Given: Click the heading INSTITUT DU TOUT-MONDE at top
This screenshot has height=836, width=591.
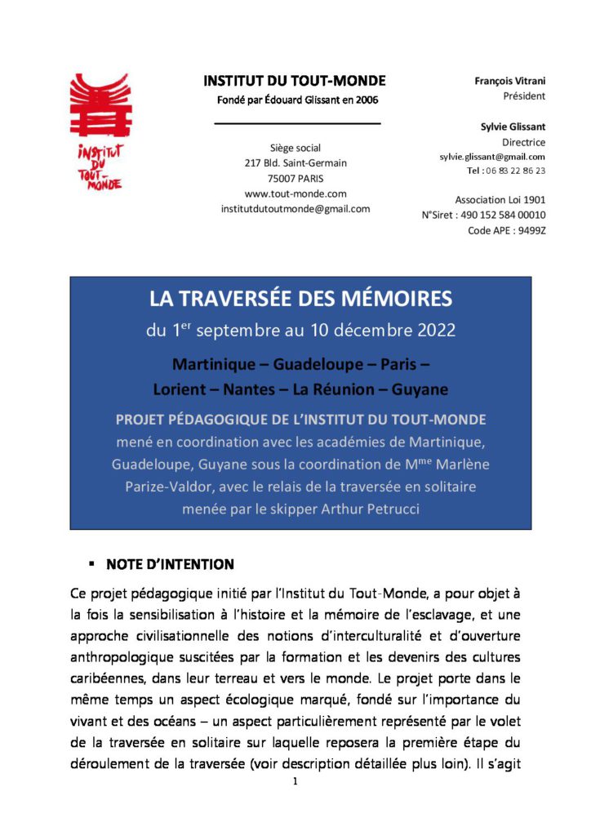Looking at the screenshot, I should (295, 81).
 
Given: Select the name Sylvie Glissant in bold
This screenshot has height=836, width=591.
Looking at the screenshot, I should (513, 127).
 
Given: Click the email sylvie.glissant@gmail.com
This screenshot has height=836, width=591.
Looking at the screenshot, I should (487, 156).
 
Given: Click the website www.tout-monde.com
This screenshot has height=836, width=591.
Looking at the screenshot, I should (295, 193).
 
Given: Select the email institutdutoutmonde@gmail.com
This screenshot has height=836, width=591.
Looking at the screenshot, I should (295, 208).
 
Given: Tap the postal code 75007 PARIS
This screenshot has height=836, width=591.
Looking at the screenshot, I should (295, 179).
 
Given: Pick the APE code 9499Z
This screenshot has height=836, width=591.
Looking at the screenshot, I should (530, 230).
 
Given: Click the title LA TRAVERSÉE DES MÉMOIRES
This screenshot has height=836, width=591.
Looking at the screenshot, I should (300, 300).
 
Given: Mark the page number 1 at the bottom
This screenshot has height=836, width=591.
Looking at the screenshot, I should (295, 782).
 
